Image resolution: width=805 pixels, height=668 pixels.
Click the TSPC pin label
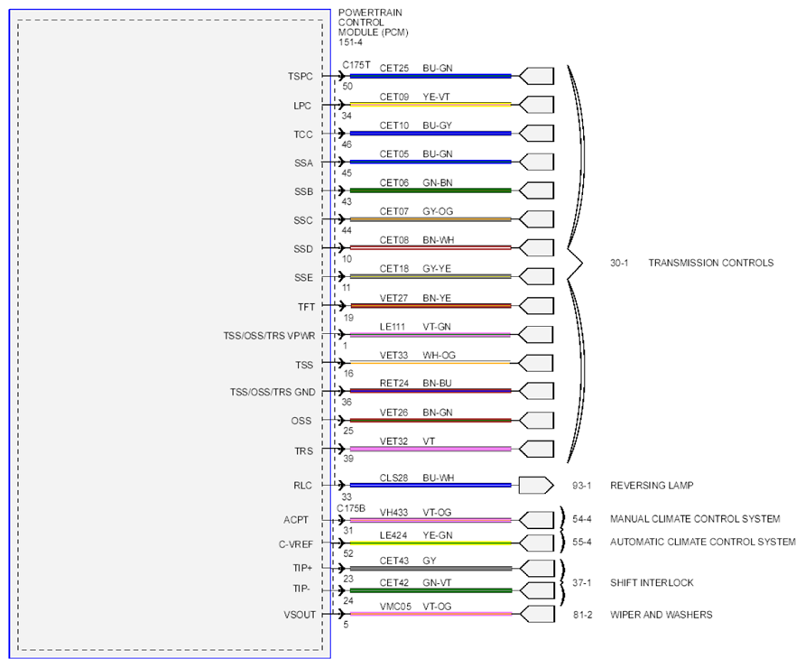[300, 77]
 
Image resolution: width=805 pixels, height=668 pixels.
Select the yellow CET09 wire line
[430, 104]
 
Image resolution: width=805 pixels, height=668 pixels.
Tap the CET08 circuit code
[393, 240]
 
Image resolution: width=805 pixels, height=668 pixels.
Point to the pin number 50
[347, 87]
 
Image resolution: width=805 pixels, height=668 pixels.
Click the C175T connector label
[356, 65]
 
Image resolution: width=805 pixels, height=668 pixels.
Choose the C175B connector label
[351, 508]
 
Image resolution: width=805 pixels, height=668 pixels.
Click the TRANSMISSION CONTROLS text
[710, 263]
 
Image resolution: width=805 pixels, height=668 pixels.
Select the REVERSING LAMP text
[652, 486]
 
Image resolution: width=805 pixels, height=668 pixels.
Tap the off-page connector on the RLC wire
[536, 486]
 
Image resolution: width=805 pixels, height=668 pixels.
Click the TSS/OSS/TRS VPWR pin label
[269, 336]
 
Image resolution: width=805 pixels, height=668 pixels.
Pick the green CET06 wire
[430, 190]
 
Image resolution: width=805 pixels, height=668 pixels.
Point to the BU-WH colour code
[438, 478]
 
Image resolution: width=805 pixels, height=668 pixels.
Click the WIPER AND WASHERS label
[661, 615]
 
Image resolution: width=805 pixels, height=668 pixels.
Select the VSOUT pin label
[300, 615]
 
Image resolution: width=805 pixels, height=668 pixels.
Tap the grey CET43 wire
[430, 569]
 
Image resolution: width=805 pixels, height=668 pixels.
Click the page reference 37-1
[582, 583]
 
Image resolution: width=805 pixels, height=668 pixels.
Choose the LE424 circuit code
[393, 535]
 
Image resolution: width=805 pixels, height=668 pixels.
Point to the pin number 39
[348, 459]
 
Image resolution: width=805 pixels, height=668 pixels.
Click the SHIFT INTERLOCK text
[652, 583]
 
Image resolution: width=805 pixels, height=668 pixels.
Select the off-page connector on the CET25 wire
[536, 76]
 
